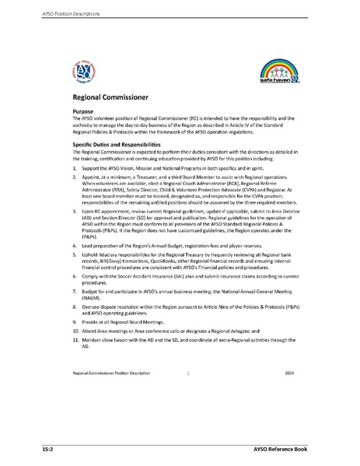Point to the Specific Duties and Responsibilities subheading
[117, 145]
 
